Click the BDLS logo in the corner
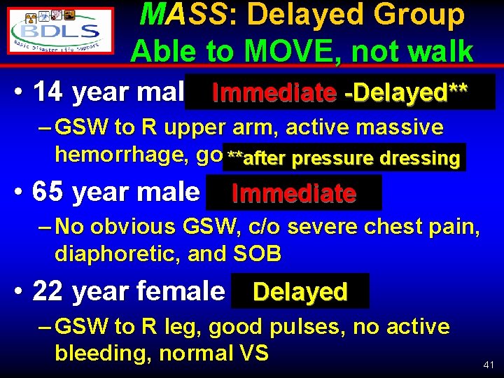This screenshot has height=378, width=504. point(62,31)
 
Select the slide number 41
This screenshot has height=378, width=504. point(490,365)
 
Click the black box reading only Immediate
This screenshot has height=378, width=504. point(294,192)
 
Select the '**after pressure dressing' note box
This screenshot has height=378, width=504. point(343,157)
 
